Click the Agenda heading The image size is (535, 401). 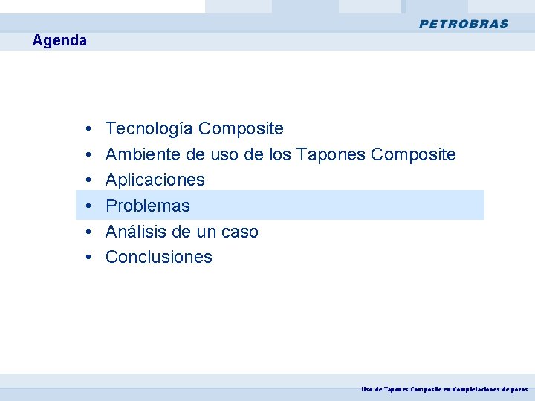(59, 41)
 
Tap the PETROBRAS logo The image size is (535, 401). (464, 24)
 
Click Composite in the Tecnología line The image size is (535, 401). (241, 129)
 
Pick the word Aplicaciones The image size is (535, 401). (155, 180)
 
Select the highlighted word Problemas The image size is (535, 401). (148, 206)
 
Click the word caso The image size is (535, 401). (239, 232)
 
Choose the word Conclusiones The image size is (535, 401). (159, 257)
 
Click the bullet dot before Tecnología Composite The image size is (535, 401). (88, 130)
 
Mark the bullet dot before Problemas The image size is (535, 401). (88, 206)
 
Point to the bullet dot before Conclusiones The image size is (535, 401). (88, 258)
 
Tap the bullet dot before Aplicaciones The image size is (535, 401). (88, 180)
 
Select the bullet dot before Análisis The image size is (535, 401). (88, 232)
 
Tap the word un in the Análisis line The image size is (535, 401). (206, 232)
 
